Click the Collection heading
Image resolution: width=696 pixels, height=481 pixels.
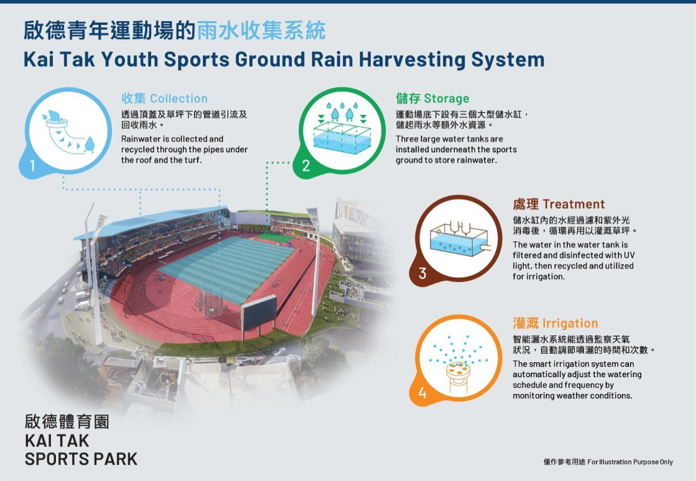(x=165, y=99)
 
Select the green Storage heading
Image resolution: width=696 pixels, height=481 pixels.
(x=433, y=98)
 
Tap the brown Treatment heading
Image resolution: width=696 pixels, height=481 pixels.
(x=559, y=204)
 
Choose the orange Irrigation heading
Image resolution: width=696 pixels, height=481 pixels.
(x=556, y=323)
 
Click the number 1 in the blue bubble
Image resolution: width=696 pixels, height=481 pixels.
(x=32, y=166)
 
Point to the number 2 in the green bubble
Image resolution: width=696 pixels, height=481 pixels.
(x=306, y=166)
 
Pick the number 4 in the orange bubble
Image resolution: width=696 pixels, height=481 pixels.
(x=422, y=393)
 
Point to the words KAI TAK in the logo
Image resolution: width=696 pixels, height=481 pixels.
(x=57, y=441)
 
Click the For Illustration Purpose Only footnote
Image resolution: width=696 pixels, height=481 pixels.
(x=630, y=462)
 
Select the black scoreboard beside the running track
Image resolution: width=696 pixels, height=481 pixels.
(x=259, y=314)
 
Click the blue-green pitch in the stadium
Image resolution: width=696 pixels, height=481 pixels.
(x=226, y=267)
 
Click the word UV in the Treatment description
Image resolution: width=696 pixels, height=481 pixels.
(x=629, y=255)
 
